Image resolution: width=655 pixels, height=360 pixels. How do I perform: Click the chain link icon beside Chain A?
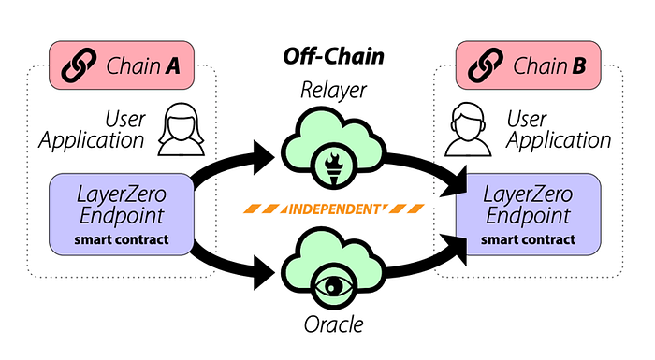pos(79,65)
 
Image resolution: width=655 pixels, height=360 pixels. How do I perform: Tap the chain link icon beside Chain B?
pos(486,65)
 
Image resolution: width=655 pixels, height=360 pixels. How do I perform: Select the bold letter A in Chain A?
pos(172,66)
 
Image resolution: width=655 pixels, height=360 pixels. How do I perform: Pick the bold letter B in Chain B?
pos(578,66)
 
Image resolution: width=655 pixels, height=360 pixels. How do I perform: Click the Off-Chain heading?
pos(333,56)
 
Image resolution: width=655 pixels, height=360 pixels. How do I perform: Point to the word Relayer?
pos(333,90)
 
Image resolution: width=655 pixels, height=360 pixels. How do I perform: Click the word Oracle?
pos(333,324)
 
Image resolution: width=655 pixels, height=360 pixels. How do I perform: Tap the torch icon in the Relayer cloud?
pos(333,168)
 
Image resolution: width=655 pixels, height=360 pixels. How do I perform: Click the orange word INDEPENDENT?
pos(334,209)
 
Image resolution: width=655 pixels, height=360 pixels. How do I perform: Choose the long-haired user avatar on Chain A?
pos(182,129)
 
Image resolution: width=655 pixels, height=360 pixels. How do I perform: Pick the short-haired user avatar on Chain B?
pos(468,129)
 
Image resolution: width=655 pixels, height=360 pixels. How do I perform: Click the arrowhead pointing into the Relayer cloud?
pos(263,157)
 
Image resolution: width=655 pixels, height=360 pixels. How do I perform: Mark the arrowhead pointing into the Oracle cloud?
pos(263,273)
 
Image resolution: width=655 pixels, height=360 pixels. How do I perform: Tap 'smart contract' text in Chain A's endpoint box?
pos(122,239)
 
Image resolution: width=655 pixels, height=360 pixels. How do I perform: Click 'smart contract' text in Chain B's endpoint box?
pos(528,239)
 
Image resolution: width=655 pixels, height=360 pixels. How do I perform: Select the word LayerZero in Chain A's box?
pos(122,194)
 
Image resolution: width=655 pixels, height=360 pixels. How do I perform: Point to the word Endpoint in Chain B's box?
pos(528,216)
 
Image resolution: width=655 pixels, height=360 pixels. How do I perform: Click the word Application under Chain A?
pos(92,141)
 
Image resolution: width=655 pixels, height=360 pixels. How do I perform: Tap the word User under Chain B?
pos(526,119)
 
